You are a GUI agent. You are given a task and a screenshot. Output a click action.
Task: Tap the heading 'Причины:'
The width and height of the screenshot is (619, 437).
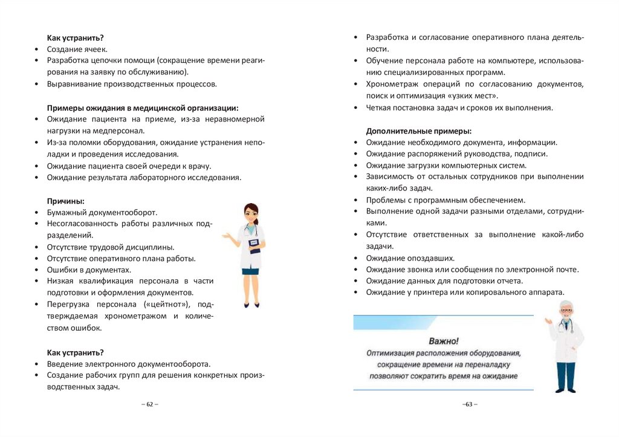pyautogui.click(x=66, y=201)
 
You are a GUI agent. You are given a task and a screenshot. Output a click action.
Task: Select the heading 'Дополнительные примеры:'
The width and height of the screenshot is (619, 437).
pyautogui.click(x=419, y=131)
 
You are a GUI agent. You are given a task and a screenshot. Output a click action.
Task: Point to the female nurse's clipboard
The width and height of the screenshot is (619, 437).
pyautogui.click(x=254, y=245)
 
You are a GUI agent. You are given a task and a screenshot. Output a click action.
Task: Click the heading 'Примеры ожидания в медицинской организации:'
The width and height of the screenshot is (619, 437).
pyautogui.click(x=143, y=108)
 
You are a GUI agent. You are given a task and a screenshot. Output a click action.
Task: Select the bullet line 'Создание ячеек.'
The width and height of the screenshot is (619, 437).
pyautogui.click(x=77, y=50)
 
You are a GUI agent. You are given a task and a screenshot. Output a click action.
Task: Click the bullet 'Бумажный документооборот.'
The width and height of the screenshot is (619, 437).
pyautogui.click(x=102, y=212)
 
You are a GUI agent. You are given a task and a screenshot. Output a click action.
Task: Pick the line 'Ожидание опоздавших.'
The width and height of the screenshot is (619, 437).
pyautogui.click(x=410, y=258)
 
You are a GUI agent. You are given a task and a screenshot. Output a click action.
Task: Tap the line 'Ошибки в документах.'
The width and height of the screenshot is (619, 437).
pyautogui.click(x=89, y=270)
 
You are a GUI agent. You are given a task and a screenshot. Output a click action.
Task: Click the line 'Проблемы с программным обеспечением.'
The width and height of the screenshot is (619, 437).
pyautogui.click(x=446, y=200)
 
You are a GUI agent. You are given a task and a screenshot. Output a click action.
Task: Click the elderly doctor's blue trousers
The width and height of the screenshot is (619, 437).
pyautogui.click(x=566, y=375)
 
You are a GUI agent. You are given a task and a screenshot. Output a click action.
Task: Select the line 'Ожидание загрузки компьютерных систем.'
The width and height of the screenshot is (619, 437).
pyautogui.click(x=446, y=166)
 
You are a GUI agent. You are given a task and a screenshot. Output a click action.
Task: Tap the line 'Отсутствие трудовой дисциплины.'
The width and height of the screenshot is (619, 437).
pyautogui.click(x=111, y=247)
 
